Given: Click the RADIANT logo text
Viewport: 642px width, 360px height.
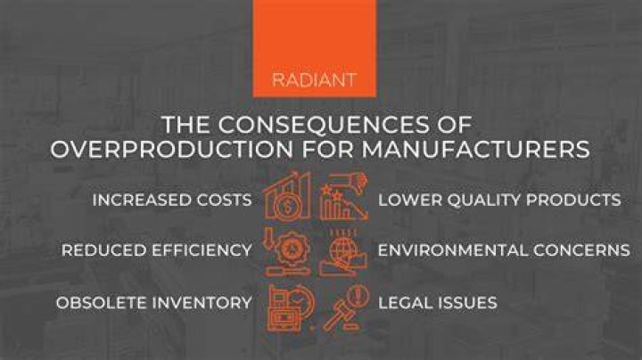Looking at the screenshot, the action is [314, 80].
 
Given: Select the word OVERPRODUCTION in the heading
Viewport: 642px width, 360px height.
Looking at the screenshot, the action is [172, 149].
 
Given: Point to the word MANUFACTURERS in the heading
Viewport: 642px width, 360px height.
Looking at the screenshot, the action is [475, 149].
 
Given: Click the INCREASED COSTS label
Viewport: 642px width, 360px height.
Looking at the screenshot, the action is [172, 200].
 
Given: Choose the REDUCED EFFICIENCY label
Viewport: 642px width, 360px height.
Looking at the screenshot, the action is [156, 250].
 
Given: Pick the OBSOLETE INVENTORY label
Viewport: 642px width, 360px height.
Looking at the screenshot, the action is [154, 303].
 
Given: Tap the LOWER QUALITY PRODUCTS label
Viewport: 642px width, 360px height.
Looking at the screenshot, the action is [499, 200].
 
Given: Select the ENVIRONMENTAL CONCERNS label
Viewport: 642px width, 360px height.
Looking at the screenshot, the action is [504, 250].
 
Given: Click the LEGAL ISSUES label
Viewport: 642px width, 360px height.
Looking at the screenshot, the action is [437, 303].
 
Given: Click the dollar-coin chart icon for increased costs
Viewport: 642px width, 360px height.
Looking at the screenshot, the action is [286, 196].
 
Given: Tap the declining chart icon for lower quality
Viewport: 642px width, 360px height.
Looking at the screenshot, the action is [343, 196].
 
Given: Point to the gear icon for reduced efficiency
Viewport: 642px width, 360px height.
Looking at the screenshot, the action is [287, 252].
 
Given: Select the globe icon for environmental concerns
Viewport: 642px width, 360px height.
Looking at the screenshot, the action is [343, 252].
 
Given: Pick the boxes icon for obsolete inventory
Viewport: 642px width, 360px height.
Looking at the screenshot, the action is [291, 307].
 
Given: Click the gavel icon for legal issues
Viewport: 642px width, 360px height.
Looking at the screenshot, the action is [346, 307].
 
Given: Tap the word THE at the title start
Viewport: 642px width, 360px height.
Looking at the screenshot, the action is [185, 125].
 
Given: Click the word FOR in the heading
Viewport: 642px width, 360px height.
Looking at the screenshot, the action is [327, 149].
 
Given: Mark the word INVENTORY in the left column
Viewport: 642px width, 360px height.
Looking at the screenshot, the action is [202, 303].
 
